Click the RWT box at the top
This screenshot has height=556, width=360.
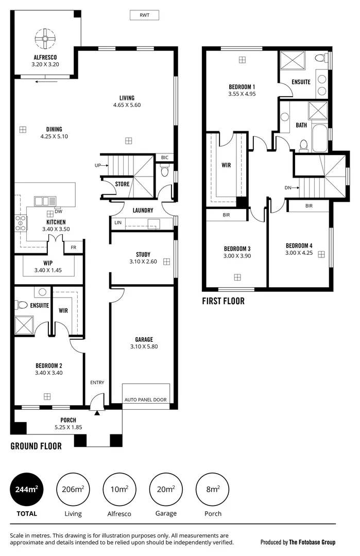[x=144, y=15]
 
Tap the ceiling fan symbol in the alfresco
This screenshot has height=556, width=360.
[x=45, y=38]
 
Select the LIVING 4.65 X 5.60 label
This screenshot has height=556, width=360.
[x=127, y=101]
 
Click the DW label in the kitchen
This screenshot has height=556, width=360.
[x=58, y=211]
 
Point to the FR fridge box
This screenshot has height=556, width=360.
[x=74, y=248]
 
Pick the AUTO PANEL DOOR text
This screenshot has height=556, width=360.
[x=146, y=399]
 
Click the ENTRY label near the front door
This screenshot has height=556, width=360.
[x=97, y=383]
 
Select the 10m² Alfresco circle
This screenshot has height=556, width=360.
[x=119, y=490]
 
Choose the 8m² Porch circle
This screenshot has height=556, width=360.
[x=213, y=490]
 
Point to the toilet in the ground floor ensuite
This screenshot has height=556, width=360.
[x=22, y=305]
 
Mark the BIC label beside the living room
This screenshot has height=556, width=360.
[x=164, y=158]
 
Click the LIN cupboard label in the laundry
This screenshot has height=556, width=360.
[x=117, y=223]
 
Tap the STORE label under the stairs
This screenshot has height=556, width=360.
[x=122, y=184]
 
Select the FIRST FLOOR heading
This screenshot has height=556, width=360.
[x=223, y=301]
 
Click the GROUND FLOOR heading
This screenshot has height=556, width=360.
[x=36, y=446]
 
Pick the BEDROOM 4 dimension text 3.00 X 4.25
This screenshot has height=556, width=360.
[x=299, y=253]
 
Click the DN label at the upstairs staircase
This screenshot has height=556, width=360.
[x=287, y=188]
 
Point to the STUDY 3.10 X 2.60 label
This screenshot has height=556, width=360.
[x=143, y=258]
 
